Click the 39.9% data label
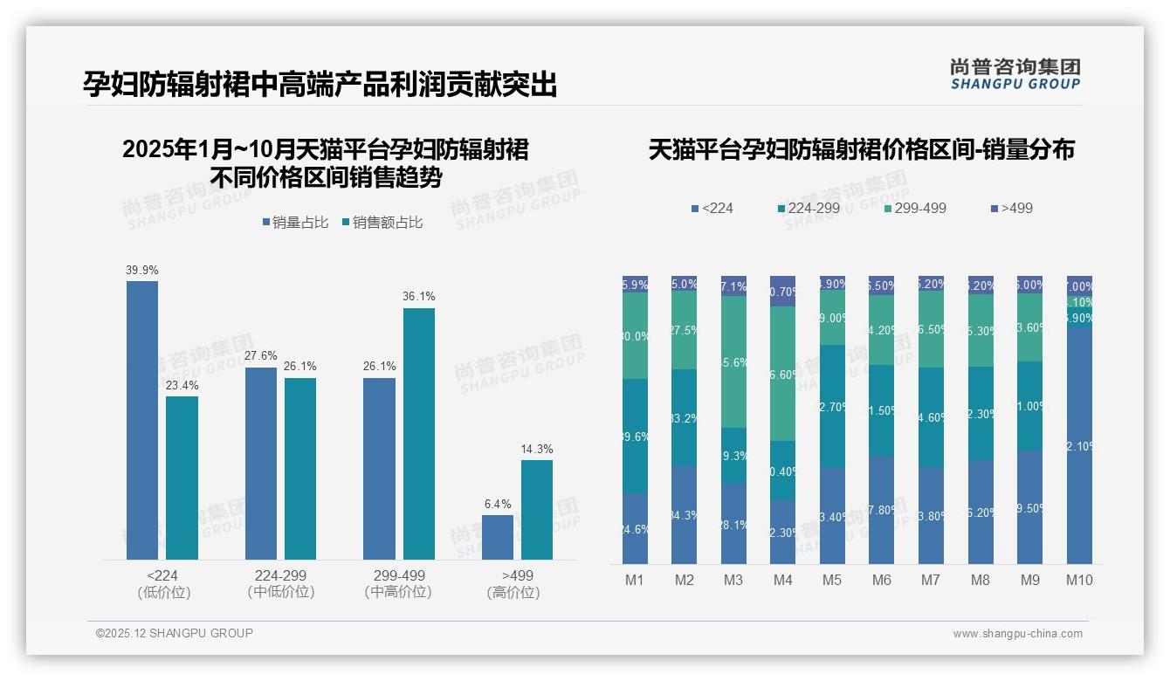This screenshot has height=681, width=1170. click(x=142, y=271)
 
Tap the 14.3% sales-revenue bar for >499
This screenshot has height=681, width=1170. click(x=537, y=510)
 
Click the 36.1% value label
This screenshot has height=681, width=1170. click(x=419, y=297)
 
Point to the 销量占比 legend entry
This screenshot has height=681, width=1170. click(x=295, y=223)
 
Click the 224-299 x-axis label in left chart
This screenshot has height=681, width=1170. click(x=280, y=575)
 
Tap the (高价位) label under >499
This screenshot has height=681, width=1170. click(x=513, y=592)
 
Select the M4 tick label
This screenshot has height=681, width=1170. click(x=783, y=580)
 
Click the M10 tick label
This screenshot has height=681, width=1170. click(x=1079, y=580)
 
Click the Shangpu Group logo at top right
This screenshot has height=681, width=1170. click(x=1015, y=73)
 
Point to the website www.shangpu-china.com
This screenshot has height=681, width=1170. click(x=1017, y=634)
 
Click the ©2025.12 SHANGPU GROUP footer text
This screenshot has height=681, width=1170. click(x=175, y=633)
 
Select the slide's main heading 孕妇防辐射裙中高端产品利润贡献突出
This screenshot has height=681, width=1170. click(x=320, y=85)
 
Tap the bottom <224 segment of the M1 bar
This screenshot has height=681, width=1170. click(x=635, y=528)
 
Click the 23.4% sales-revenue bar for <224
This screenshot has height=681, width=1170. click(x=182, y=478)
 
